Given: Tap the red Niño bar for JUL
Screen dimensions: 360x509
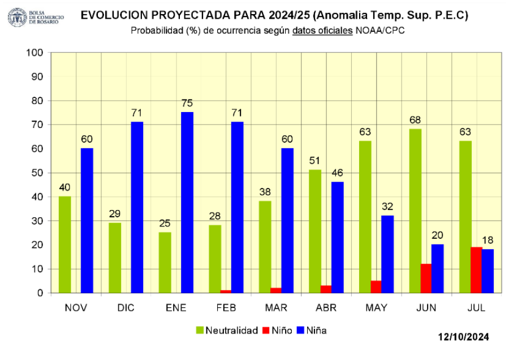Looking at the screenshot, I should [476, 270].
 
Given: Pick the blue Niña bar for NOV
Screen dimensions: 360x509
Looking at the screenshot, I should [87, 220].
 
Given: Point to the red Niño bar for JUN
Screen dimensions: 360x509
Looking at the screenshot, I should [426, 278].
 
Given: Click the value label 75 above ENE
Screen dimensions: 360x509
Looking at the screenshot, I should [187, 104].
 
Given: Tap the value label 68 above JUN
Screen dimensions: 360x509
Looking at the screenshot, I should [415, 120].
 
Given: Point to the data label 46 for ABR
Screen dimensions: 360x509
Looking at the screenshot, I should [337, 173].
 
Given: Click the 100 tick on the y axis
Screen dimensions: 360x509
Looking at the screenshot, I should [35, 53].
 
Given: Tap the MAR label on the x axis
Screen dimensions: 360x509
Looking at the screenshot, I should [276, 307].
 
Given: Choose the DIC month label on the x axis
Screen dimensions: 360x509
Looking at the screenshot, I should [126, 307].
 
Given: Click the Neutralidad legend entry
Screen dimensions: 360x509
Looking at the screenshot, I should [226, 330].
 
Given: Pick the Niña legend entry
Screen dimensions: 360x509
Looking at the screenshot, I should [310, 330].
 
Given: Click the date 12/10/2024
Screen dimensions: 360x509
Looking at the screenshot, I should [464, 337].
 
